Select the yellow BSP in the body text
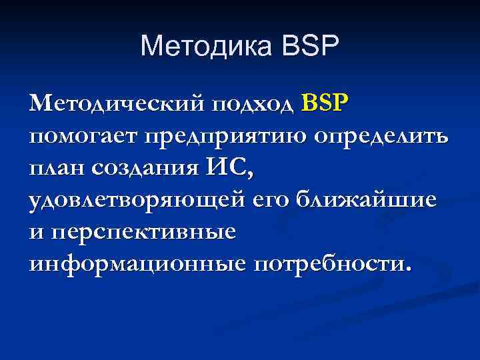[325, 104]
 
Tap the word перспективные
[145, 233]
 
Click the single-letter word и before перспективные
[36, 233]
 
